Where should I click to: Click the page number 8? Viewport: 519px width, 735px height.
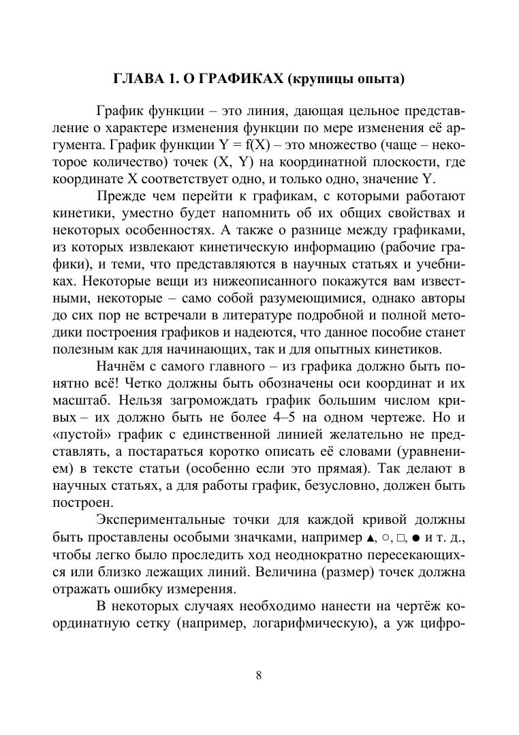coord(259,675)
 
